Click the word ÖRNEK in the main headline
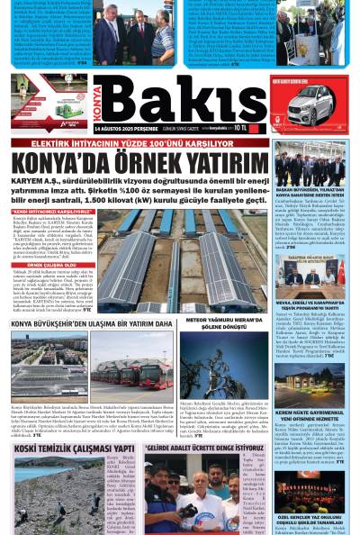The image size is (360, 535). [134, 164]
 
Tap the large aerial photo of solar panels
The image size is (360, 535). [179, 260]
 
